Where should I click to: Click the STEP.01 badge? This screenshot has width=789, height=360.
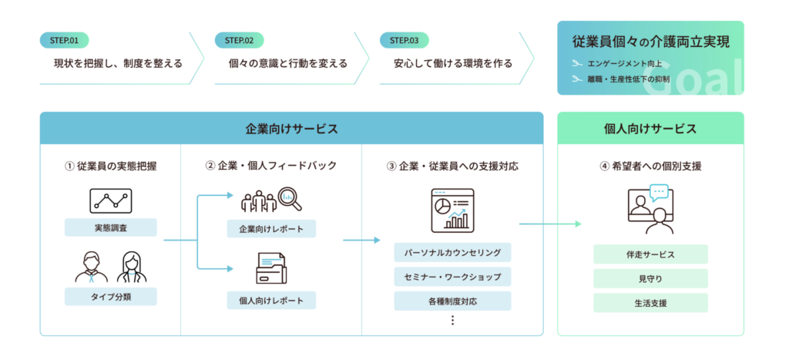(x=64, y=40)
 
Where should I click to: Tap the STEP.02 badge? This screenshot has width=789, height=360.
(x=239, y=40)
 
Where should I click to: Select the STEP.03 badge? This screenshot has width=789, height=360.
(x=404, y=40)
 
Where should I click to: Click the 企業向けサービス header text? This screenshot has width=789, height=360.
(x=291, y=129)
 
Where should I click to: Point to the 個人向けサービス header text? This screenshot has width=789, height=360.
(x=650, y=129)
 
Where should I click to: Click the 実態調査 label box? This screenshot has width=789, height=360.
(x=111, y=227)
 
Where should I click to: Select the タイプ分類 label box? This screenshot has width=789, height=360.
(x=111, y=297)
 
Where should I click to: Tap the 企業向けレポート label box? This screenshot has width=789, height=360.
(x=271, y=229)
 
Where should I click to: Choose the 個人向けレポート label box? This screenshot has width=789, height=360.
(x=271, y=301)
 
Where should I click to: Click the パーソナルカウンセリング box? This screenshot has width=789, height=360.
(x=452, y=252)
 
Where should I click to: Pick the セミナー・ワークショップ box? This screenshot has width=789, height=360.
(x=452, y=277)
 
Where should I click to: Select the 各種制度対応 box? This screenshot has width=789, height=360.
(x=452, y=301)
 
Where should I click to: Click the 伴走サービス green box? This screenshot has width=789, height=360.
(x=650, y=254)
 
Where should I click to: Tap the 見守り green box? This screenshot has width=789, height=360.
(x=650, y=278)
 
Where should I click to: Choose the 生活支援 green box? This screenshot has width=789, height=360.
(x=650, y=303)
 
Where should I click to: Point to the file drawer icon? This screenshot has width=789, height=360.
(x=271, y=268)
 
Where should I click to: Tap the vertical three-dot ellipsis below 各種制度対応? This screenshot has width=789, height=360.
(x=452, y=320)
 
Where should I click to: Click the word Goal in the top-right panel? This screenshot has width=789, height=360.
(x=693, y=79)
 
